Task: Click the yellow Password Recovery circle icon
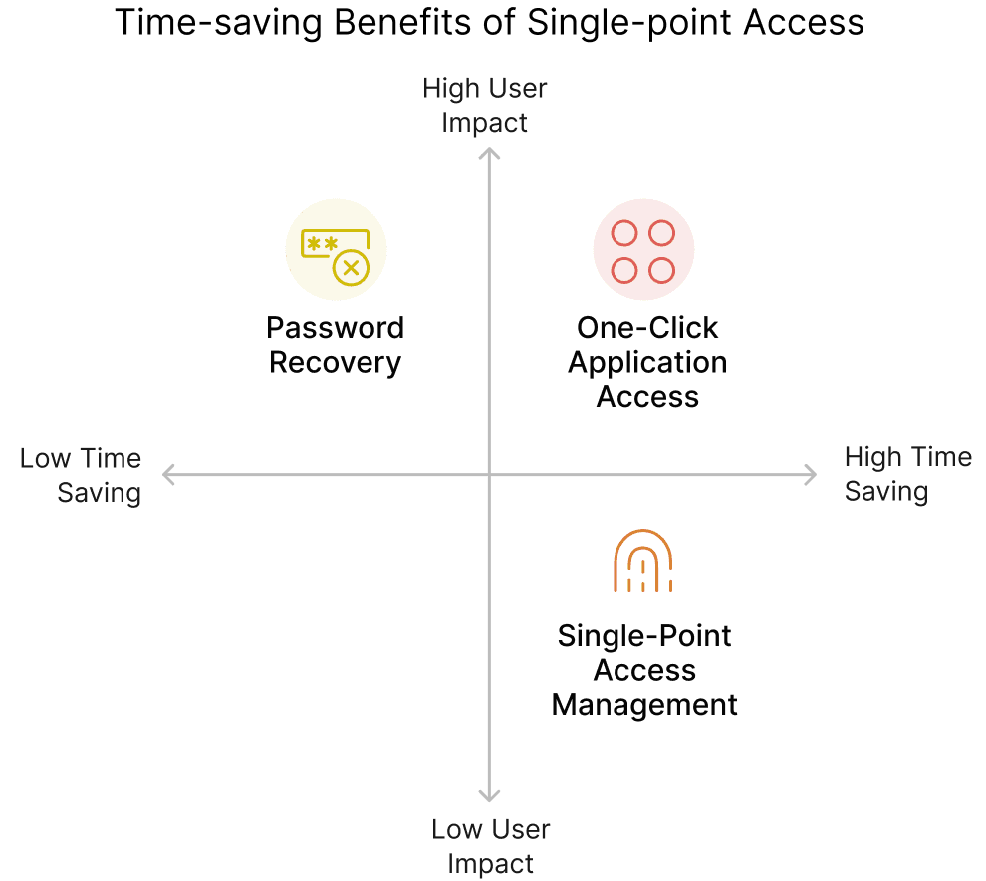pyautogui.click(x=336, y=249)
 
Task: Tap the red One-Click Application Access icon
pyautogui.click(x=643, y=249)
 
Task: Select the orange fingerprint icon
pyautogui.click(x=643, y=561)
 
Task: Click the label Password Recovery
pyautogui.click(x=336, y=345)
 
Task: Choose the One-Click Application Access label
pyautogui.click(x=647, y=362)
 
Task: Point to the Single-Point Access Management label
pyautogui.click(x=644, y=670)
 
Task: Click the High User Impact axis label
pyautogui.click(x=485, y=105)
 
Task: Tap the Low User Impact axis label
pyautogui.click(x=490, y=846)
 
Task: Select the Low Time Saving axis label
pyautogui.click(x=82, y=475)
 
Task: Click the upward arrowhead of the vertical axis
pyautogui.click(x=489, y=152)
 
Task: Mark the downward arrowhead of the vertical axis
pyautogui.click(x=489, y=795)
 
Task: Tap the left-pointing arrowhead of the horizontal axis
pyautogui.click(x=167, y=475)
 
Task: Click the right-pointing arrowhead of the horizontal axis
pyautogui.click(x=810, y=475)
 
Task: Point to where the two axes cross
pyautogui.click(x=489, y=475)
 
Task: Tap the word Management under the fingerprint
pyautogui.click(x=644, y=704)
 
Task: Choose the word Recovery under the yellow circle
pyautogui.click(x=336, y=362)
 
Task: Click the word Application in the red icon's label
pyautogui.click(x=647, y=362)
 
